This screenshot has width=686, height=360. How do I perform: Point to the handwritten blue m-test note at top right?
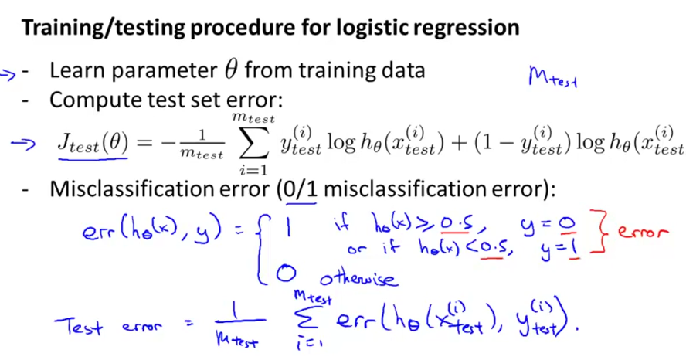coord(552,76)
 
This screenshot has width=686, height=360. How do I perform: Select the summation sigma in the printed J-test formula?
coord(252,142)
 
